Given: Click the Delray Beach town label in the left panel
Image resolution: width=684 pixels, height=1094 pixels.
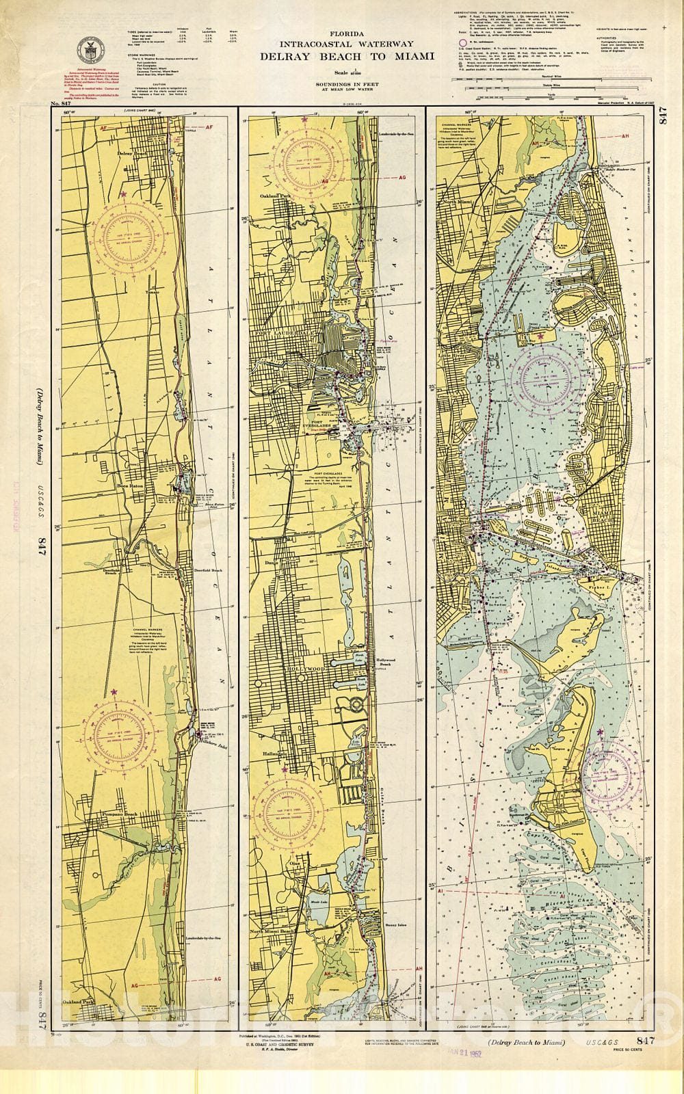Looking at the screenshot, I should [132, 154].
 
